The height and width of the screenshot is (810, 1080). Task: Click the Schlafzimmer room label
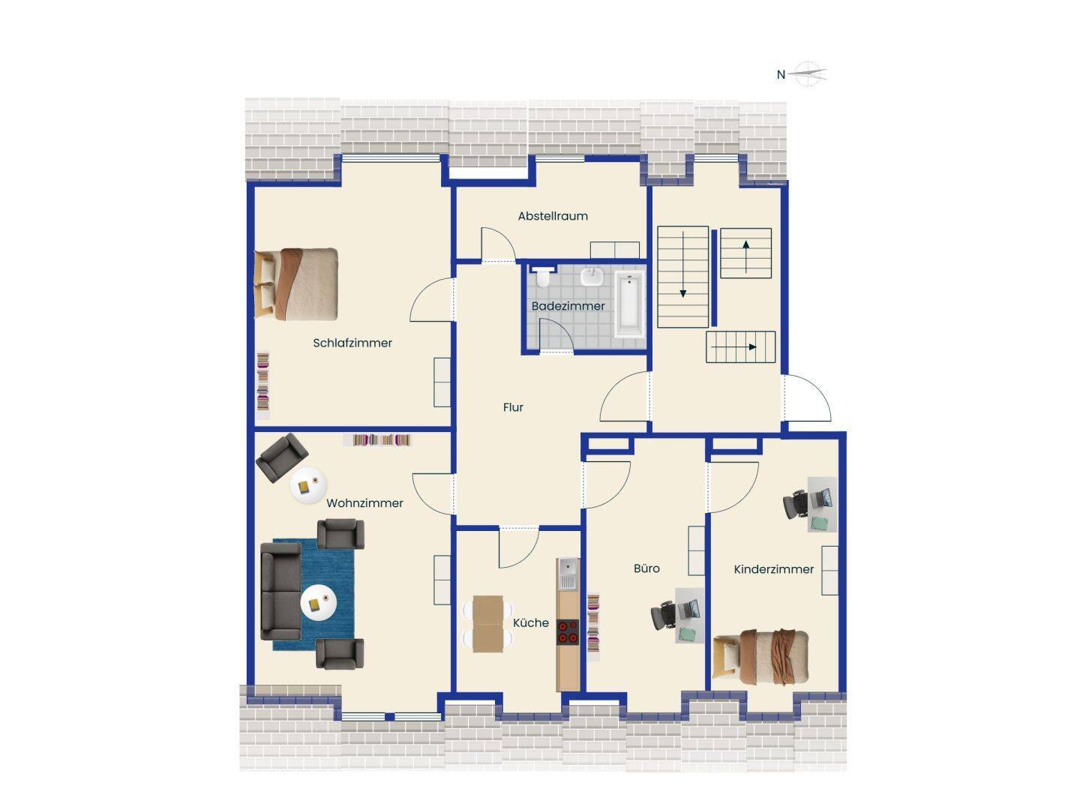click(x=352, y=343)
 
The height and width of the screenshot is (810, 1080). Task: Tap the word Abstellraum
click(x=553, y=216)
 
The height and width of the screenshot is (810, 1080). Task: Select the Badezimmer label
click(x=568, y=306)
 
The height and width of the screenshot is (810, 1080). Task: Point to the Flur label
click(x=513, y=407)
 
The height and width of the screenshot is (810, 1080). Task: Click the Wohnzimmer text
click(x=364, y=503)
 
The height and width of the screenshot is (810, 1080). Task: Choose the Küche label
click(x=530, y=622)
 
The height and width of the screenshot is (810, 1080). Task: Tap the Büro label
click(x=646, y=568)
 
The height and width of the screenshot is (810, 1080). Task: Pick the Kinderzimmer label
click(x=773, y=569)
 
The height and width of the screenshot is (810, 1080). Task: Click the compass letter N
click(x=780, y=75)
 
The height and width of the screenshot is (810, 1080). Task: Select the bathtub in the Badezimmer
click(x=630, y=304)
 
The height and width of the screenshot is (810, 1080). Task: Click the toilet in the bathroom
click(x=543, y=277)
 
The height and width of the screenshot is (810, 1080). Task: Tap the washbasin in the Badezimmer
click(x=592, y=277)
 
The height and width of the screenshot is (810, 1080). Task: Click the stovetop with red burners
click(x=567, y=632)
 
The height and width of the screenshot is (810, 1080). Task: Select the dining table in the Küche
click(x=487, y=624)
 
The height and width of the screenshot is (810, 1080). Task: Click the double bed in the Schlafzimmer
click(x=296, y=284)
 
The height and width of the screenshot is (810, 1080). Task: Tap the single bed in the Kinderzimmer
click(x=760, y=656)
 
